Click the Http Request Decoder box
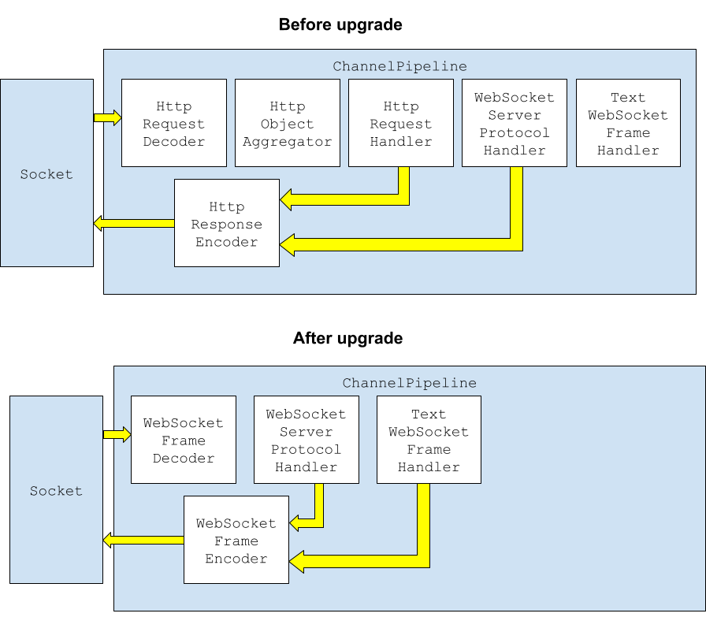click(173, 123)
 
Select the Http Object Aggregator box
click(287, 123)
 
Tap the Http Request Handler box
click(400, 123)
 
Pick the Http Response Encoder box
click(226, 223)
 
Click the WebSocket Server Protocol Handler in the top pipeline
click(514, 123)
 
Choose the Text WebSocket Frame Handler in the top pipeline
click(627, 123)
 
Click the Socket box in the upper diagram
click(46, 173)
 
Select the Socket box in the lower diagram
click(56, 490)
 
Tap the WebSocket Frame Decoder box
click(183, 440)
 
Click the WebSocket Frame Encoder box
click(236, 540)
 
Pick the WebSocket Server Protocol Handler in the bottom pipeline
click(306, 440)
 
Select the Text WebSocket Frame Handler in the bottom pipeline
click(429, 440)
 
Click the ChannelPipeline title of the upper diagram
click(399, 66)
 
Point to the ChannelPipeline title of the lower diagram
click(409, 383)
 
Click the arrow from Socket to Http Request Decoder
click(108, 117)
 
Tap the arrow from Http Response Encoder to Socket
click(133, 223)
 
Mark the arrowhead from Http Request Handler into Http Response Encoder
click(287, 199)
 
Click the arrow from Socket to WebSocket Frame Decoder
click(117, 434)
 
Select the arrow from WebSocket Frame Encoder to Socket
click(143, 540)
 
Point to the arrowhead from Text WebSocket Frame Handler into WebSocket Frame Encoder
click(296, 561)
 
